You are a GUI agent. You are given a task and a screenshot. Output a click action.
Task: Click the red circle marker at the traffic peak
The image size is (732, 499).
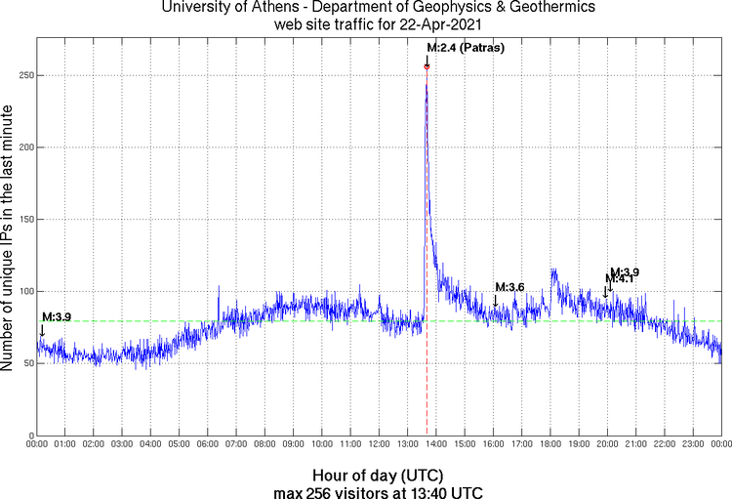427,66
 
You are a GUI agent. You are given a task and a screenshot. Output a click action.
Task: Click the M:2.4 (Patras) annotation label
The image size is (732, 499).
466,48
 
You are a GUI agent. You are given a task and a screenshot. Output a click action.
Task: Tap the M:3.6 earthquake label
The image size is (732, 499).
510,287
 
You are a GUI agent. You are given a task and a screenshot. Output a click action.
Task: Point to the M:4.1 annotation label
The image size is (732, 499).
622,279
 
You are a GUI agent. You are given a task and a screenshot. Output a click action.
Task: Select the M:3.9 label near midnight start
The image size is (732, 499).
57,317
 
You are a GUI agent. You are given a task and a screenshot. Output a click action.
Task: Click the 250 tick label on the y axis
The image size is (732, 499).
22,74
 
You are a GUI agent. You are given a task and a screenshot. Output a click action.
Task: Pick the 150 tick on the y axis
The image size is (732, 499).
22,219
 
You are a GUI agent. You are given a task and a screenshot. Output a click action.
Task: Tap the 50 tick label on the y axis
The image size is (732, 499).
25,363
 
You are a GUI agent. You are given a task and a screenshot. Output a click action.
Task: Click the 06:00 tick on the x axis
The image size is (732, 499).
208,444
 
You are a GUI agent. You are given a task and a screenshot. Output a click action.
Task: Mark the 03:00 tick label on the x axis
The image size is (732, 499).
122,444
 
